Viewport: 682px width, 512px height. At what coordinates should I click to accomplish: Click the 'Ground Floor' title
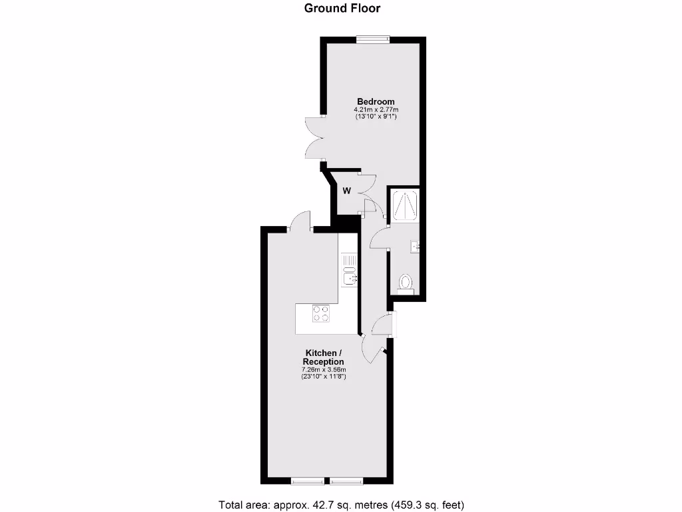tap(342, 8)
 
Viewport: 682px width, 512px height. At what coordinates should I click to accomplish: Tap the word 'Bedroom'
tap(371, 101)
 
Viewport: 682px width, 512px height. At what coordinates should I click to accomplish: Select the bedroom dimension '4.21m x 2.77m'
tap(371, 109)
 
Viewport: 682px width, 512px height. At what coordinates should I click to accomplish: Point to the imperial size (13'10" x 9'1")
tap(371, 117)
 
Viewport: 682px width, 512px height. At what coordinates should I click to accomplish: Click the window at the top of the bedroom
tap(372, 39)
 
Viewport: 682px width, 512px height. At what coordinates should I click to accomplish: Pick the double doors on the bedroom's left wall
tap(315, 138)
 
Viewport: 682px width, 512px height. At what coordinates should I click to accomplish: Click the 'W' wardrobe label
tap(346, 191)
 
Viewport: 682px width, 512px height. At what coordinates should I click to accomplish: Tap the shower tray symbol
tap(404, 205)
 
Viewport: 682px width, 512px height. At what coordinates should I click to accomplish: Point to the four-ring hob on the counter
tap(321, 313)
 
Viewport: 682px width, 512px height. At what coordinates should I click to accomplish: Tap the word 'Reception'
tap(324, 361)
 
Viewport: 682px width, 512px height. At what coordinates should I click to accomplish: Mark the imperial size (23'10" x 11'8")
tap(324, 377)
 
